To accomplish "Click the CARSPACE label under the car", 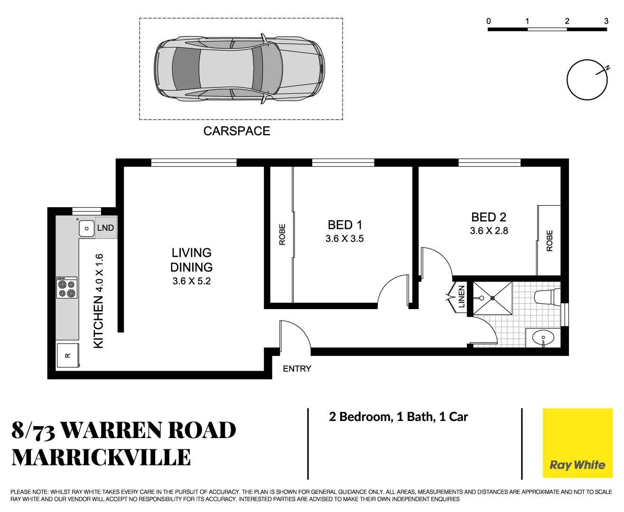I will point(236,131).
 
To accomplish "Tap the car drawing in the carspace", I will point(240,68).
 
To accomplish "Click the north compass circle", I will point(587,80).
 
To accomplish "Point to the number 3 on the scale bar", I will point(606,21).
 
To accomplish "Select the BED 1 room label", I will point(345,225).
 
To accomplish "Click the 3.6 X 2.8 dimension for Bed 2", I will point(489,231).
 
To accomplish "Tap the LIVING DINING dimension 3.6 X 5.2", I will point(191,281).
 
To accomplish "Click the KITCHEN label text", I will point(98,322).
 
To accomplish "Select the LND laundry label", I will point(105,228).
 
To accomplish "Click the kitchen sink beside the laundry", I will point(86,229).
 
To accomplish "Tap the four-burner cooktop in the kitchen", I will point(67,288).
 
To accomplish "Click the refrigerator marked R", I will point(67,356).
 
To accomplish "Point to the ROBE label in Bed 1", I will point(282,235).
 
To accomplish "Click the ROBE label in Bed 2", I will point(549,240).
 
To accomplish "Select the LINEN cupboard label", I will point(461,297).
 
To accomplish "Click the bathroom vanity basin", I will point(543,338).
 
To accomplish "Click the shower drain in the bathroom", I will point(493,298).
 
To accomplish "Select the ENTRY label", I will point(297,369).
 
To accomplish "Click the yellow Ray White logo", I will point(577,443).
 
